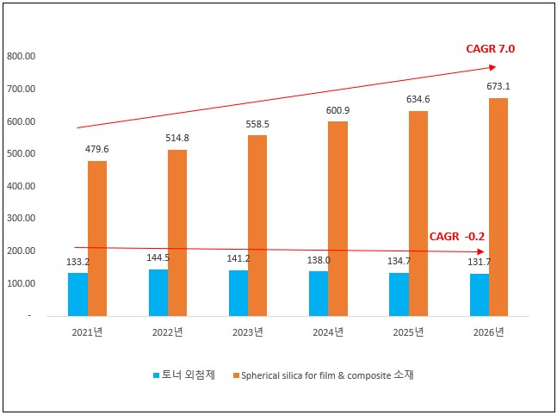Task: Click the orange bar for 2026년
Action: [499, 207]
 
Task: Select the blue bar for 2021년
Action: [78, 294]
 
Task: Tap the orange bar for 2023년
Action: [258, 225]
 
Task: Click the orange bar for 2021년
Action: [97, 238]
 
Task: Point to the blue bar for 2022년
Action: [158, 292]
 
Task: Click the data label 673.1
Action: [498, 85]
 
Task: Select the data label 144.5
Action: [159, 258]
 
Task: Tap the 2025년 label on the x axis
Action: [408, 332]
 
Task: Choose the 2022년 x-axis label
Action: [168, 332]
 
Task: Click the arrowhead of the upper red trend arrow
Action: [492, 66]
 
